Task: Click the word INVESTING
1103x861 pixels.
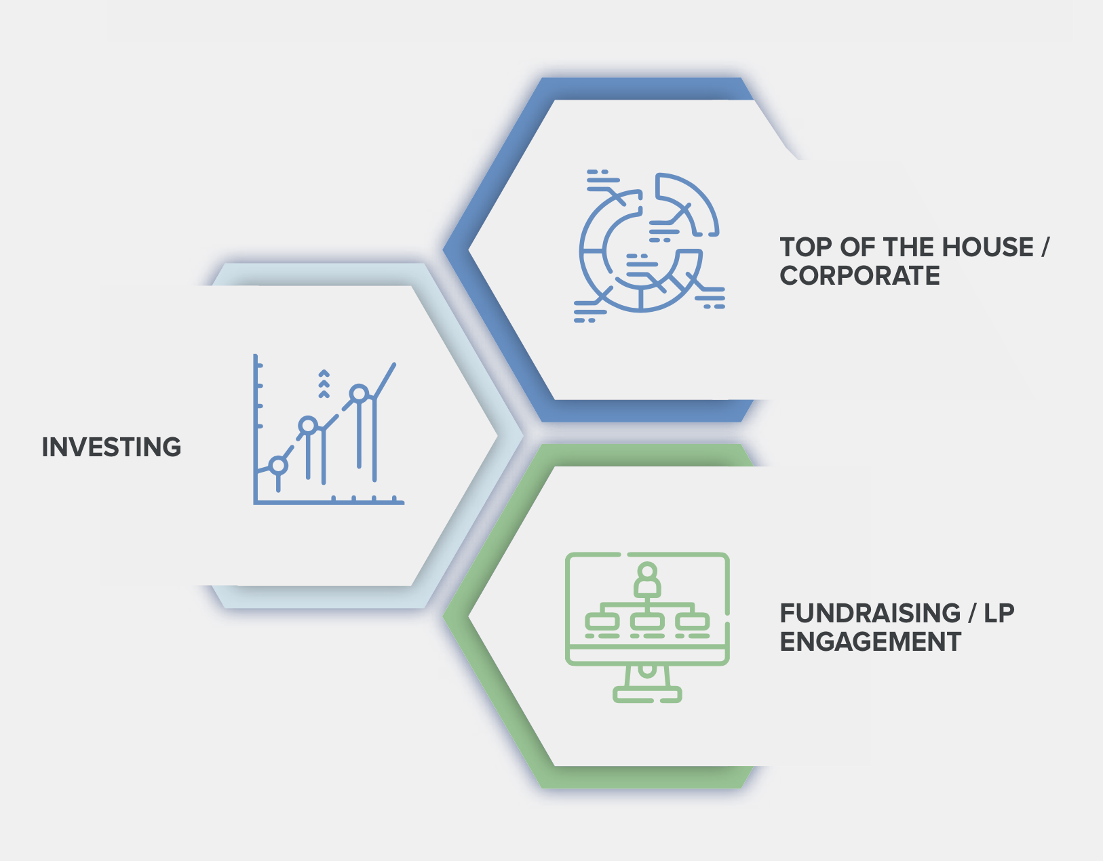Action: tap(111, 447)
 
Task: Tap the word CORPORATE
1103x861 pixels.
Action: tap(860, 276)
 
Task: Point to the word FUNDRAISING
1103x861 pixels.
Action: tap(870, 613)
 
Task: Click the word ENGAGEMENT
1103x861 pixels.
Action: tap(870, 641)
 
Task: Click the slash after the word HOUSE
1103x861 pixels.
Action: tap(1045, 247)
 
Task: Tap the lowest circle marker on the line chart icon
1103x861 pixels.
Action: tap(278, 465)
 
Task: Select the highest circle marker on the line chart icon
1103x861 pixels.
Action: tap(360, 393)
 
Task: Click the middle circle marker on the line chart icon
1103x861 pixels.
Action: tap(308, 425)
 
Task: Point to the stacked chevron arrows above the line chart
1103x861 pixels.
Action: tap(324, 384)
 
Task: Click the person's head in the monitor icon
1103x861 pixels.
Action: tap(647, 572)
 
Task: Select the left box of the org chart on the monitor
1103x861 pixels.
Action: tap(602, 620)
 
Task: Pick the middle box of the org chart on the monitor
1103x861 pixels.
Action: tap(647, 620)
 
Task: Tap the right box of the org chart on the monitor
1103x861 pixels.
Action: tap(693, 620)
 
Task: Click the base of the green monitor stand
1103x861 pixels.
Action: tap(647, 694)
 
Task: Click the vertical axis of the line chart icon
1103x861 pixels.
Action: tap(255, 428)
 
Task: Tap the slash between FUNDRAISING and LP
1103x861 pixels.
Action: tap(972, 613)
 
